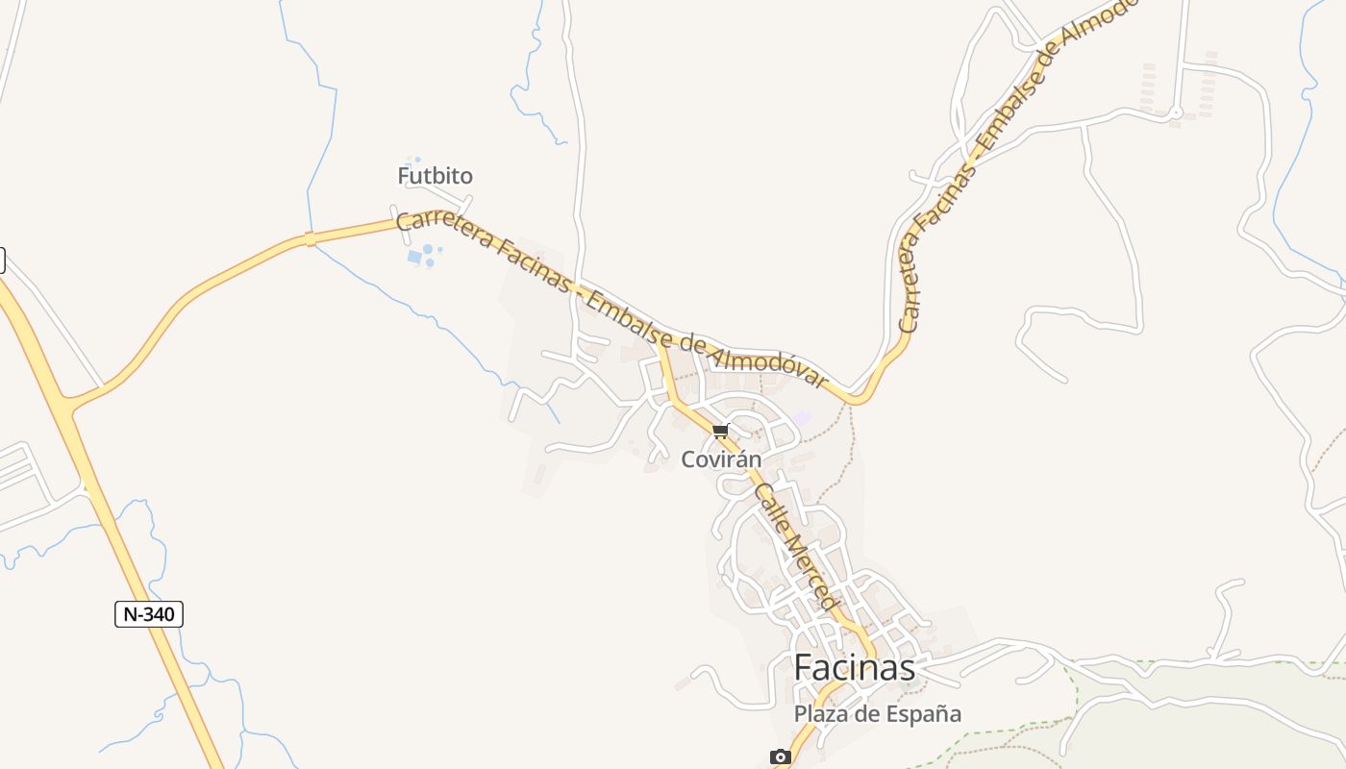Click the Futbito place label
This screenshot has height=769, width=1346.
(435, 176)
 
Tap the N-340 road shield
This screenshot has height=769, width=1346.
(149, 614)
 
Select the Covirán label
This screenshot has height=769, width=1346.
(721, 459)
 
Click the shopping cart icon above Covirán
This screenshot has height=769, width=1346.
(721, 432)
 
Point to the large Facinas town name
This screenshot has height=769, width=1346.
(855, 667)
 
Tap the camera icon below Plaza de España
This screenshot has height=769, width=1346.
(781, 757)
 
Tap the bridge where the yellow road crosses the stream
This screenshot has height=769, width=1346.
(310, 238)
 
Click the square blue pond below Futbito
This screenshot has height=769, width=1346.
(414, 257)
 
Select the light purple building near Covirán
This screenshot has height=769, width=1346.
(802, 418)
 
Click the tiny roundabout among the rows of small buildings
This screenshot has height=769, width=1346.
(1175, 113)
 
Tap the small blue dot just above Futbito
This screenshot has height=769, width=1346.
(417, 160)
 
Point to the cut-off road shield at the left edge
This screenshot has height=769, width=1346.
(2, 260)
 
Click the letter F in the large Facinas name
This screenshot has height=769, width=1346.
(805, 667)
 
